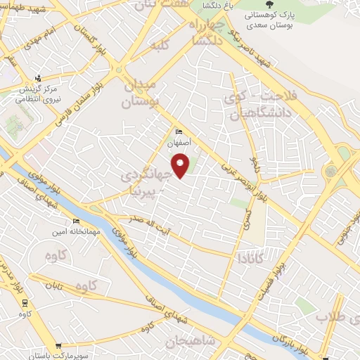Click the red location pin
(x=181, y=166)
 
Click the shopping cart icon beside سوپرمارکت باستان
(x=58, y=345)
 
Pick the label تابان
(x=55, y=285)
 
